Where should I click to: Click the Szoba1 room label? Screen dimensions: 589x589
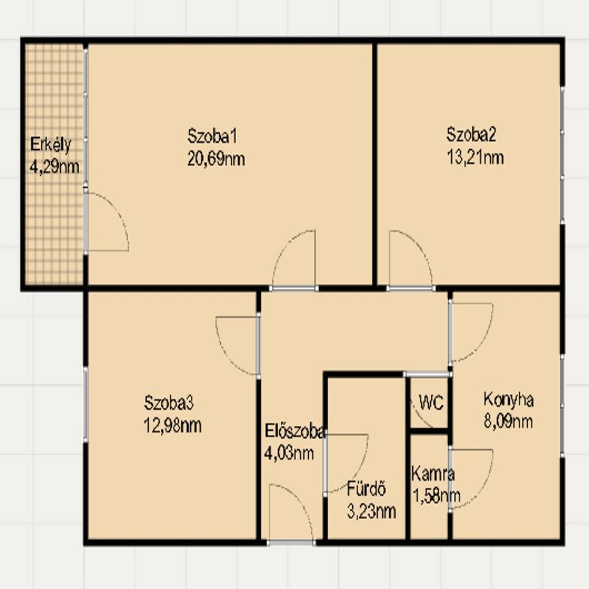point(212,136)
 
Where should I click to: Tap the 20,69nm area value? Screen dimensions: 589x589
point(216,159)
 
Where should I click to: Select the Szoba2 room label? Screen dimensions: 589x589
point(471,135)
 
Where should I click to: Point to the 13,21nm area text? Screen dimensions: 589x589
point(475,158)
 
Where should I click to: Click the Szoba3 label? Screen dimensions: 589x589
point(169,403)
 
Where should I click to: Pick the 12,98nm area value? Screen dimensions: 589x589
point(173,426)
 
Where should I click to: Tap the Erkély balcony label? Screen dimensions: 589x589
point(51,145)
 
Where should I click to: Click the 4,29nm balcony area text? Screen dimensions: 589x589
point(55,167)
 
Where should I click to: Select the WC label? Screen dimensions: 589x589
point(431,403)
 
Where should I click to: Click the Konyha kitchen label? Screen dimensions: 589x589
point(508,400)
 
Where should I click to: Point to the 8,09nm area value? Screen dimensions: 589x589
point(508,422)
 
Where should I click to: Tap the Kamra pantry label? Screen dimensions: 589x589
point(433,474)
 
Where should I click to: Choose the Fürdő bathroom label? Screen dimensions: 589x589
point(366,489)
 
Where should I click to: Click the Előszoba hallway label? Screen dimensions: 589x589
point(294,431)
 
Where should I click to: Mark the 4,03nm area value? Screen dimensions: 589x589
point(289,454)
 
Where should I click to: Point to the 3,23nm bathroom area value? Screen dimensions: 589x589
point(371,512)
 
